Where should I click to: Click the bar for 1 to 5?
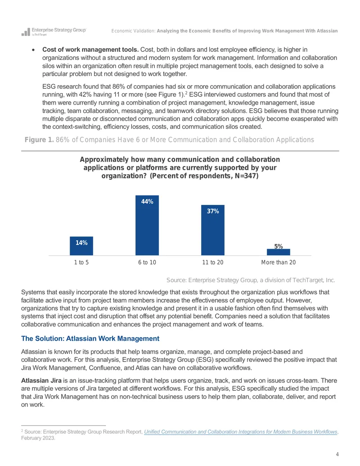pos(81,246)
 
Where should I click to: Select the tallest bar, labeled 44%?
pos(147,225)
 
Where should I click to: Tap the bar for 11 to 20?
pos(213,230)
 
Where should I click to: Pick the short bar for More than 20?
pos(278,252)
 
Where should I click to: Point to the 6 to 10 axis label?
pos(147,262)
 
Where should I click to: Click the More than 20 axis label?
pos(278,262)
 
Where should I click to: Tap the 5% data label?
pos(278,246)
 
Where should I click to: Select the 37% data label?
pos(213,211)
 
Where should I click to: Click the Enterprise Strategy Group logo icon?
pos(26,32)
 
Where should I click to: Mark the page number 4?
pos(337,454)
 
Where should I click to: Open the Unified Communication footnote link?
pos(241,431)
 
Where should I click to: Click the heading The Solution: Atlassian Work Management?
pos(90,339)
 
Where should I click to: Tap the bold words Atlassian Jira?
pos(41,380)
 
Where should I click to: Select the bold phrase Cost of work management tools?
pos(90,50)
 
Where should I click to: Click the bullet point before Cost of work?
pos(33,50)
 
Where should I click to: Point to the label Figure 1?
pos(39,140)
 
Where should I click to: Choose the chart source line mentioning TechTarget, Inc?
pos(251,280)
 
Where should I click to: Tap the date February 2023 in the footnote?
pos(38,438)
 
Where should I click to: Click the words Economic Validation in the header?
pos(133,31)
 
